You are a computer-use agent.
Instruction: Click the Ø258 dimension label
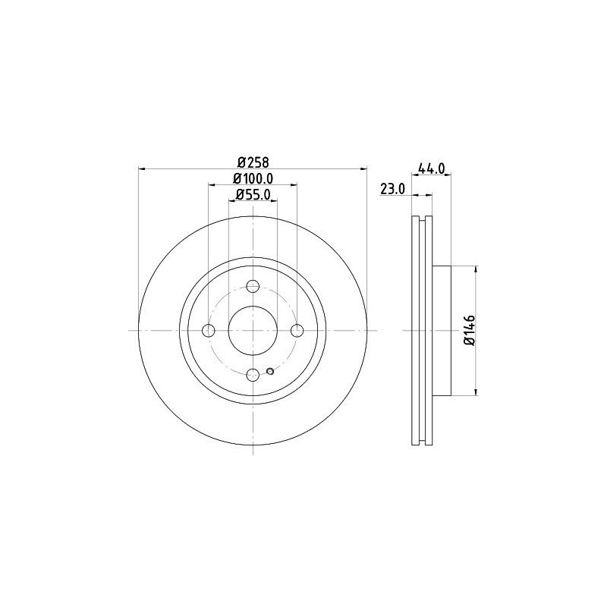[253, 162]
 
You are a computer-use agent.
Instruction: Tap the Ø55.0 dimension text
[253, 194]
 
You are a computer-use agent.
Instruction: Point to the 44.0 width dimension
[431, 169]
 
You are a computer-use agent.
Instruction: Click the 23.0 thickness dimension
[393, 189]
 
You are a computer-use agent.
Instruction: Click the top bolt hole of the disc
[253, 287]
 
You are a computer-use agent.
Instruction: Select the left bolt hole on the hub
[209, 330]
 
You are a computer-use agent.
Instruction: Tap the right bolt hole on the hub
[297, 330]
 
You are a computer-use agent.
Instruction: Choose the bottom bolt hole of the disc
[253, 374]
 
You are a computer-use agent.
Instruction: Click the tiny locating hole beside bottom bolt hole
[271, 371]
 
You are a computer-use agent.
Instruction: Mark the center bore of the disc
[253, 330]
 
